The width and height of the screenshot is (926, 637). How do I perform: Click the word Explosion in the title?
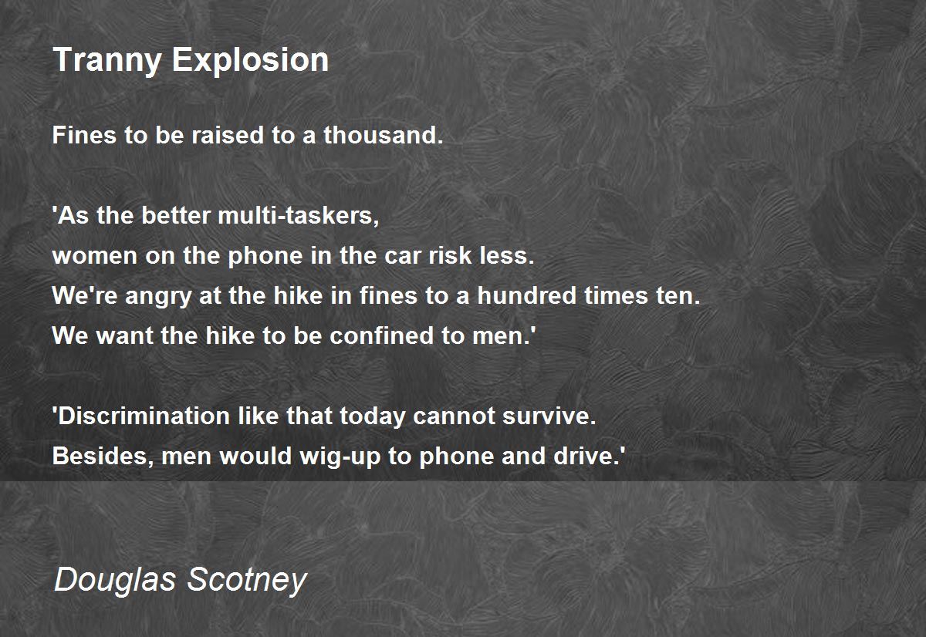pos(250,61)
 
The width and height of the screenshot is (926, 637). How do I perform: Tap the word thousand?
pos(383,135)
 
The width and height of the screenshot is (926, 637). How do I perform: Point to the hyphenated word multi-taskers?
pos(298,215)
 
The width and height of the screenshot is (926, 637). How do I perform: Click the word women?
pos(95,256)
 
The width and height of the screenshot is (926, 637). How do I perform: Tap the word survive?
pos(549,415)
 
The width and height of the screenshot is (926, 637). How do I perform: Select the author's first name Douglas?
pos(115,581)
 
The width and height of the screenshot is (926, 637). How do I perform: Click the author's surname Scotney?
pos(247,581)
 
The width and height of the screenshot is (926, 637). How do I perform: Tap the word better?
pos(175,215)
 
